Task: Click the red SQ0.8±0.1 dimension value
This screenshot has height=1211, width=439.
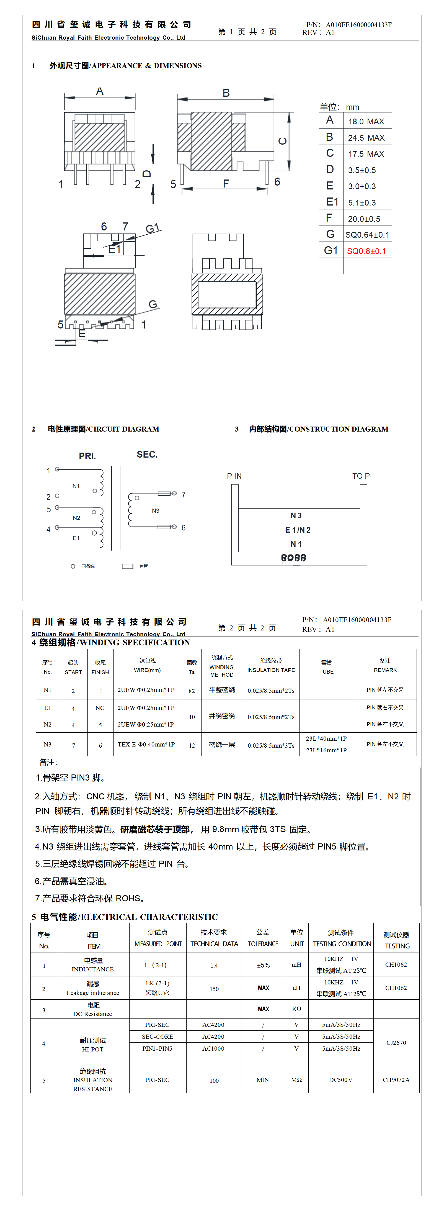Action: (x=366, y=251)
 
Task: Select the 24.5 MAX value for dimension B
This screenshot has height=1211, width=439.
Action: (x=366, y=138)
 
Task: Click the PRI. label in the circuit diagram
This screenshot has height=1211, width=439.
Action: (x=87, y=456)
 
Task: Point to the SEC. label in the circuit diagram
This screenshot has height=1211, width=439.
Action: (x=147, y=455)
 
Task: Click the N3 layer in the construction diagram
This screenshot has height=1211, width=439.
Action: (x=296, y=516)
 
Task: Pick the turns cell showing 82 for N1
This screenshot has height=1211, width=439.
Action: (x=192, y=691)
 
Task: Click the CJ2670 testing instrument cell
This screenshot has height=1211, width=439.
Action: (x=396, y=1043)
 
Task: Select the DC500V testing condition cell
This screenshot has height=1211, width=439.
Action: (x=341, y=1080)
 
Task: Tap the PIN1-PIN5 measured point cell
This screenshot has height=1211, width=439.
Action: (x=157, y=1048)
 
